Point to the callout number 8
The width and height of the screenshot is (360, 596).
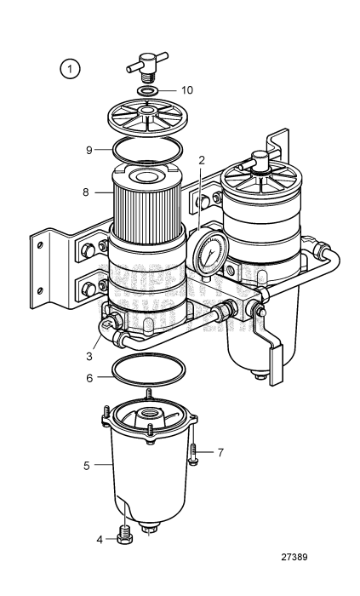(86, 192)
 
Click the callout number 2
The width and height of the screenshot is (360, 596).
(202, 159)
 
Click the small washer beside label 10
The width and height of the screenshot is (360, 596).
(146, 90)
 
